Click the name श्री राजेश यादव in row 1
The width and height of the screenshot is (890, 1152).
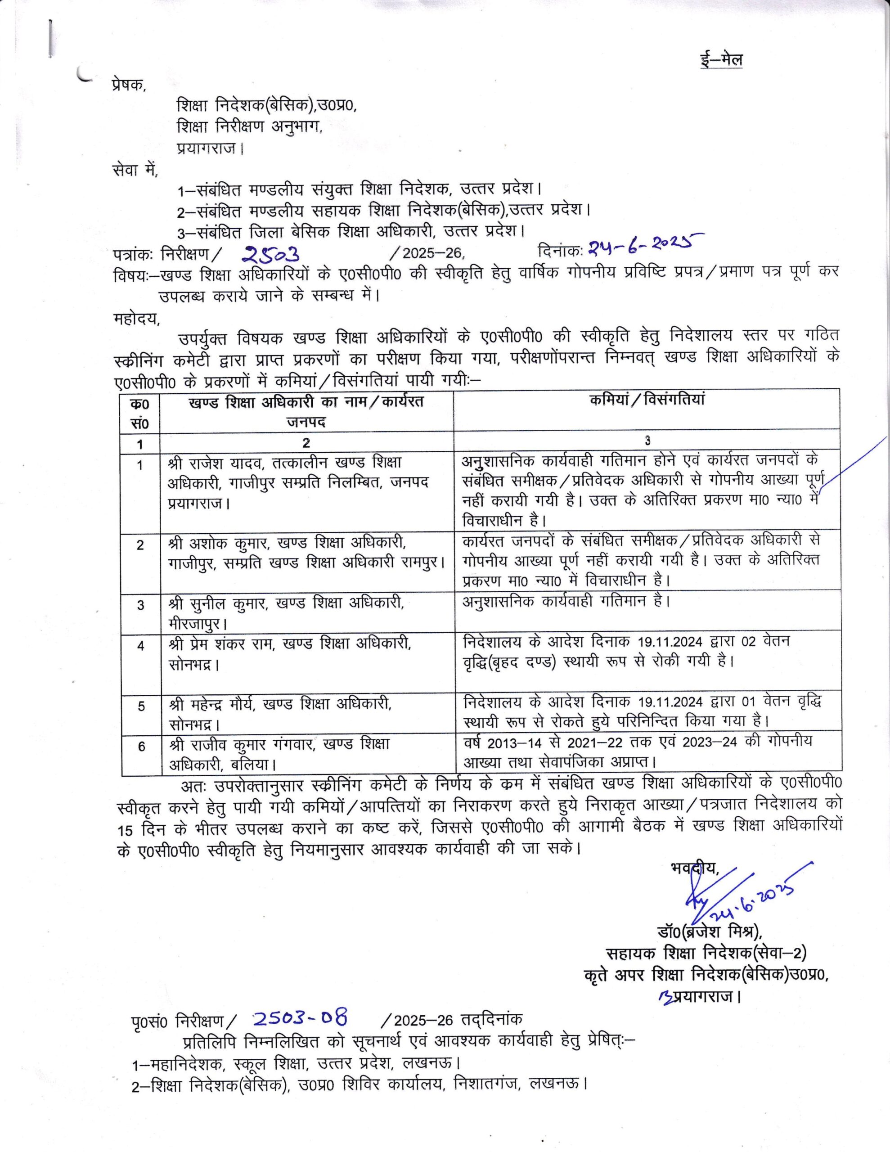coord(217,463)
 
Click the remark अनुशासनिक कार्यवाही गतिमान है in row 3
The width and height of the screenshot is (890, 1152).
coord(566,601)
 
